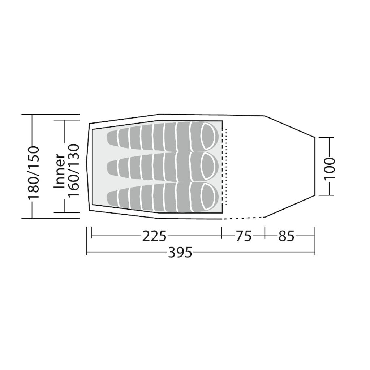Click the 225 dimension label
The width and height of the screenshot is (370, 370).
click(154, 236)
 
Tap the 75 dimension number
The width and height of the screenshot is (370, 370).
click(244, 236)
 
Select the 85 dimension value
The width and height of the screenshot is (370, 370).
click(287, 236)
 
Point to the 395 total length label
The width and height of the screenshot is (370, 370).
click(180, 253)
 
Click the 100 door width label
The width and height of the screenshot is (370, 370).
click(330, 168)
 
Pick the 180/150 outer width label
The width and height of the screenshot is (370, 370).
click(33, 173)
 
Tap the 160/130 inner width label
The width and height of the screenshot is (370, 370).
click(73, 171)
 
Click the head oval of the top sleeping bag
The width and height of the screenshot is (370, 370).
click(209, 137)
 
